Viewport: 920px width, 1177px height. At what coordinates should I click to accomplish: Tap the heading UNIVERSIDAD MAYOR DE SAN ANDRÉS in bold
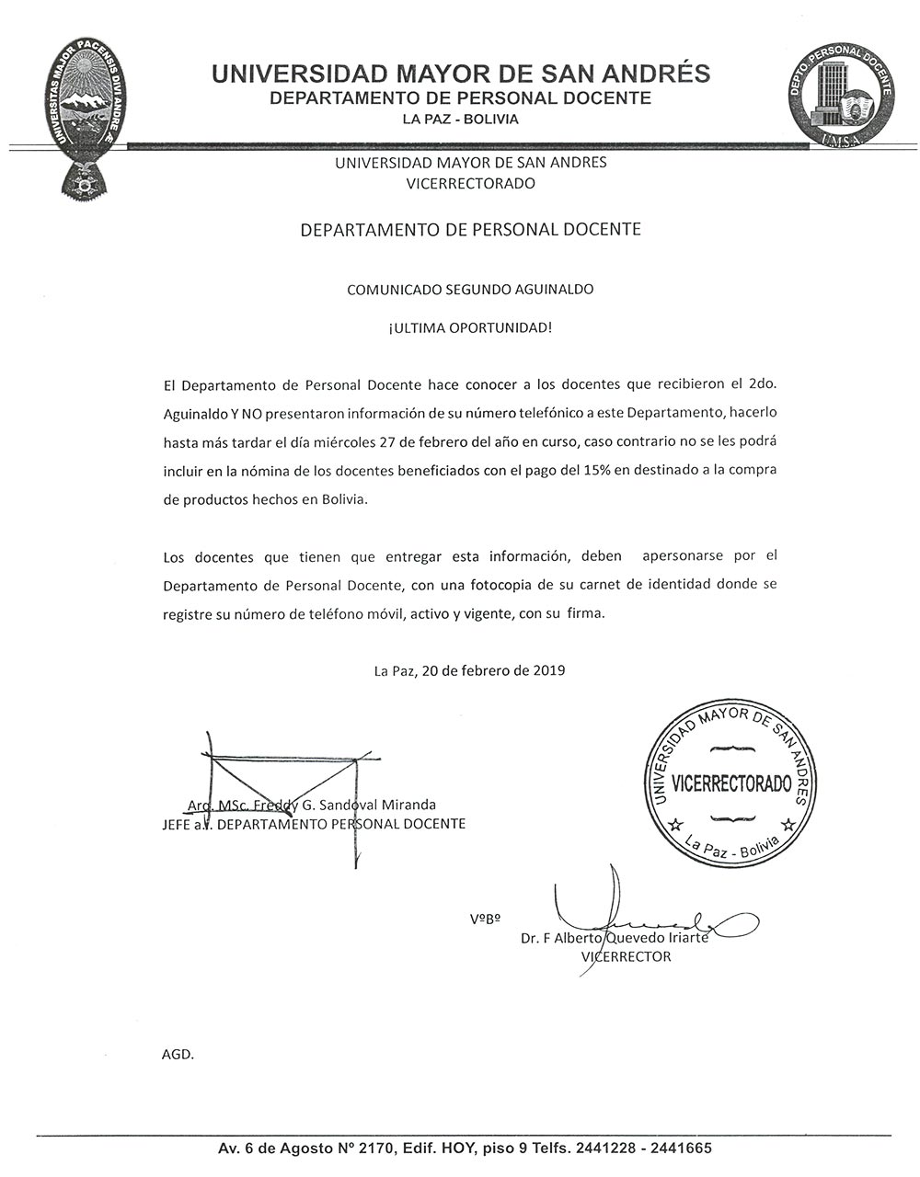click(460, 74)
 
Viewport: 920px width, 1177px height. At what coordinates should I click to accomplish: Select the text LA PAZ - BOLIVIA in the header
click(460, 120)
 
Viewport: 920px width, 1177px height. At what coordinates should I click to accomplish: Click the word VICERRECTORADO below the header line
click(470, 183)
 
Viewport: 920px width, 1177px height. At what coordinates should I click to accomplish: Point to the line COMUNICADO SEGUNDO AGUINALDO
click(470, 289)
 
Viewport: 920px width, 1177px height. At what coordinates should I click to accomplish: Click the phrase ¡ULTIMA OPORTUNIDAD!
click(470, 326)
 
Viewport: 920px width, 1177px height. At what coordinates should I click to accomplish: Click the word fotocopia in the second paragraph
click(497, 584)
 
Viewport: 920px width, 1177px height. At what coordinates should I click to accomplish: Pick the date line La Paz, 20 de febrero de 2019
click(469, 670)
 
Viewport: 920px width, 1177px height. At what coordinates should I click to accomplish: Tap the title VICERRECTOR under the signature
click(626, 956)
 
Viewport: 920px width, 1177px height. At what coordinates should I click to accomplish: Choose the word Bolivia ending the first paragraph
click(340, 499)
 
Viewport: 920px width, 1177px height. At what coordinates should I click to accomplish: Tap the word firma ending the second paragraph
click(585, 613)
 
